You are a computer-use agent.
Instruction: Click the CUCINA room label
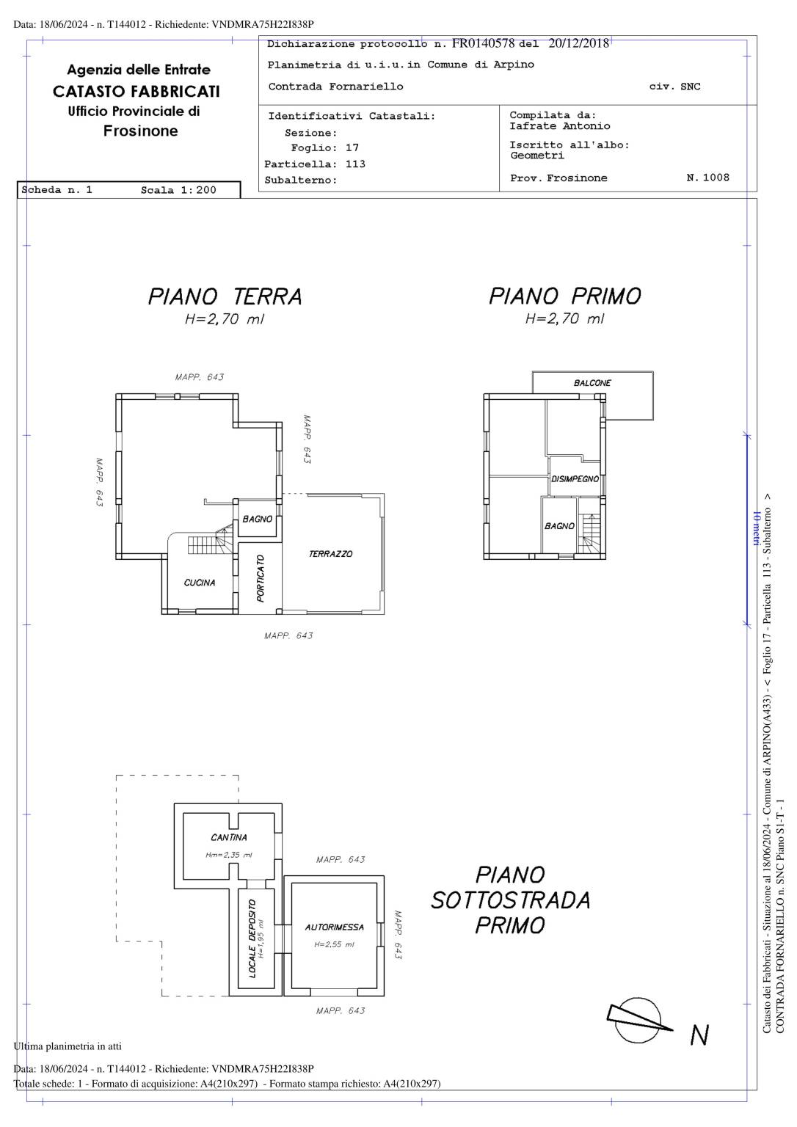click(200, 583)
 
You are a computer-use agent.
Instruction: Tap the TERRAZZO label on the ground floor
click(330, 554)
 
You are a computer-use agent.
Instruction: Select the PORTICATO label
click(260, 578)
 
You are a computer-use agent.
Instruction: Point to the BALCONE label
click(592, 383)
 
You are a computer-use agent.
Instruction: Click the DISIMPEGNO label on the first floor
click(575, 478)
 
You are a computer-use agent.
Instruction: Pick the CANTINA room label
click(229, 837)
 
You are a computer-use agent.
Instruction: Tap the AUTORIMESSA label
click(334, 927)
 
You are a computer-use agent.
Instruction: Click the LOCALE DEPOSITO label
click(252, 939)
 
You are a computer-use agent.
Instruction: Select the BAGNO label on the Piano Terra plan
click(257, 519)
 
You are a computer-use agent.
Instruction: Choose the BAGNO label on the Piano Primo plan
click(559, 526)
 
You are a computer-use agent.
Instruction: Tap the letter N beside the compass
click(699, 1035)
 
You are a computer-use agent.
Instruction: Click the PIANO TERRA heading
click(225, 296)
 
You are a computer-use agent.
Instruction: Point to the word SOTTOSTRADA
click(510, 900)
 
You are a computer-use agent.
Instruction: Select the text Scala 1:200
click(178, 190)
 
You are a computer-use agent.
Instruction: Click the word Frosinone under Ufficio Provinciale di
click(140, 131)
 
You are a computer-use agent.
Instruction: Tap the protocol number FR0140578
click(483, 43)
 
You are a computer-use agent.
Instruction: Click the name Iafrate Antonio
click(559, 125)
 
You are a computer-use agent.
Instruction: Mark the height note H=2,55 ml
click(334, 944)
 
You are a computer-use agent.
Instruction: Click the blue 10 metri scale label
click(756, 528)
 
